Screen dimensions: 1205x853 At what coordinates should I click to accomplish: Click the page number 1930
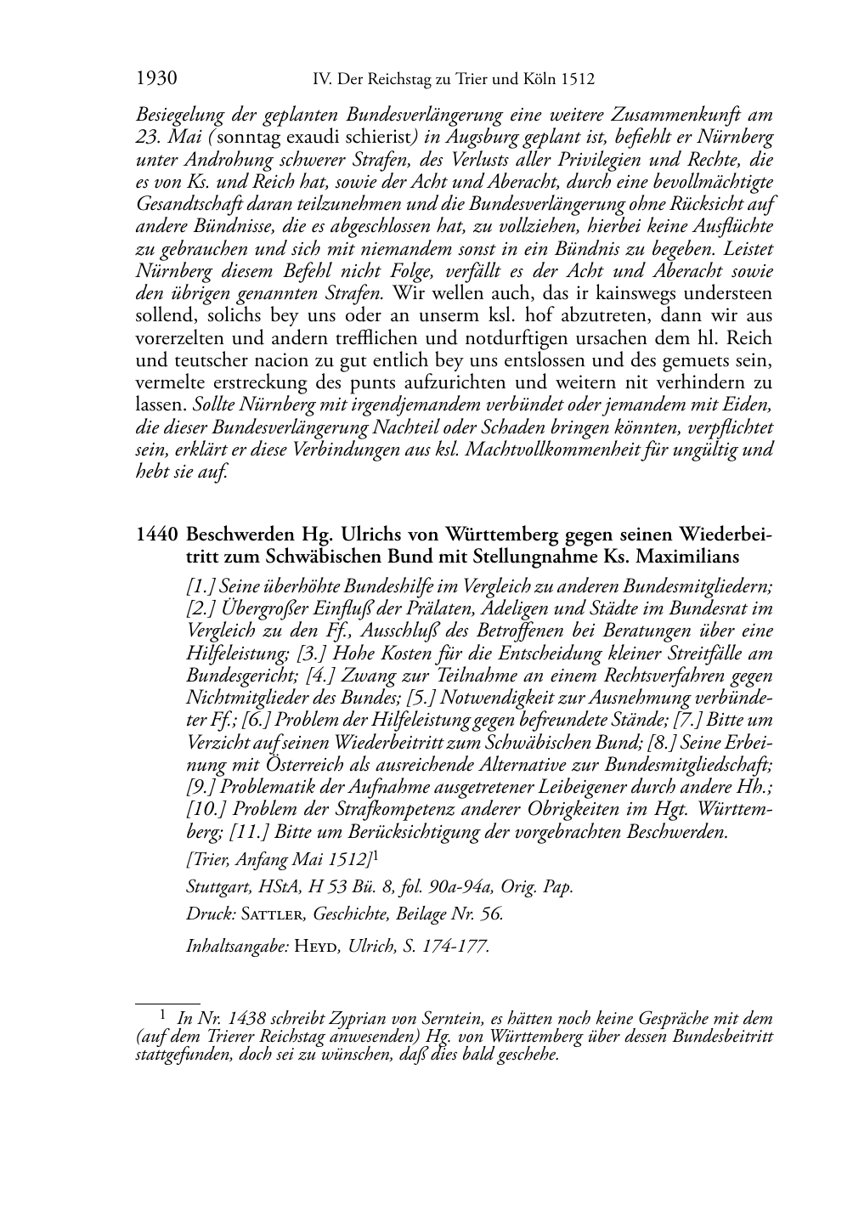pos(156,79)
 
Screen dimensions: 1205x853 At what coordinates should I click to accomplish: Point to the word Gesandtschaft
pos(189,205)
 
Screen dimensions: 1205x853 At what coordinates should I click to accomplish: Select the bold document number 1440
pos(156,535)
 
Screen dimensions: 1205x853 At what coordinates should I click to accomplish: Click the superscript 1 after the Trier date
pos(376,855)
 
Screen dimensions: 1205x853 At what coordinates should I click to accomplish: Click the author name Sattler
pos(274,915)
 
